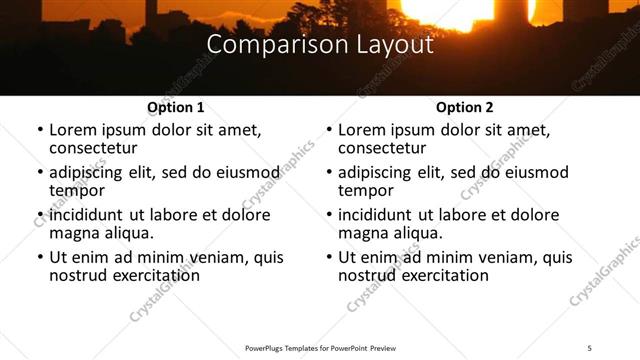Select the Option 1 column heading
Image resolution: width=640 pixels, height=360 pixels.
point(176,107)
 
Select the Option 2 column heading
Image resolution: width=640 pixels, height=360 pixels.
point(465,107)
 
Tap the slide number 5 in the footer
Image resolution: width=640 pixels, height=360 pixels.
point(590,347)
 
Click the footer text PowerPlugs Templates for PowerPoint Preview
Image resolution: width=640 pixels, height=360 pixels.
point(320,347)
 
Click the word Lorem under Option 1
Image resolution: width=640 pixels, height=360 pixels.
point(74,130)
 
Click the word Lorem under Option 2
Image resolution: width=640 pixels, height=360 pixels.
point(363,130)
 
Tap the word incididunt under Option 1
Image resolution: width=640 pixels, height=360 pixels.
point(88,215)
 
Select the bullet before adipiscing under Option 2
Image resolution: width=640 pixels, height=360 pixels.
point(328,173)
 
